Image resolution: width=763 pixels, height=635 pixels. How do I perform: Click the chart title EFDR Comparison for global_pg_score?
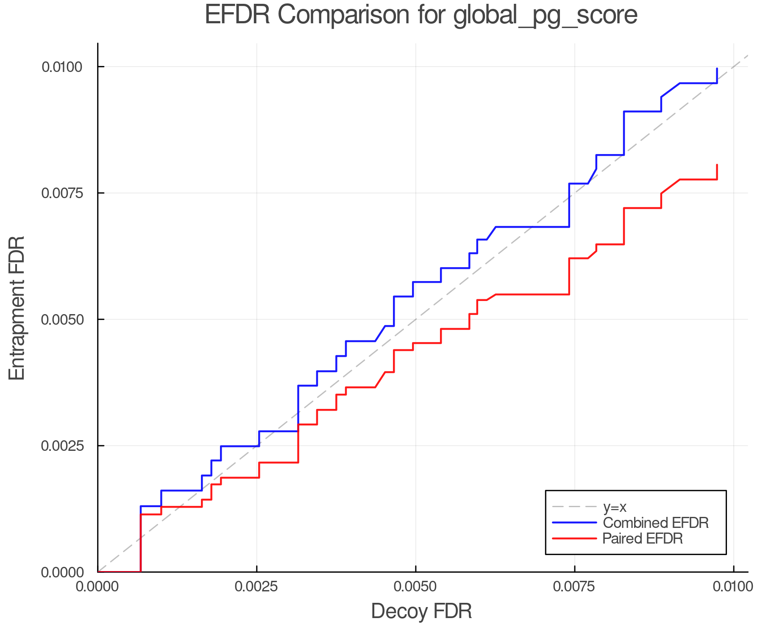click(421, 15)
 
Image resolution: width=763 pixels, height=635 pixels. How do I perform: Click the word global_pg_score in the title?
click(545, 16)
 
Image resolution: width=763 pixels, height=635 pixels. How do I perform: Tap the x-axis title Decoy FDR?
click(421, 611)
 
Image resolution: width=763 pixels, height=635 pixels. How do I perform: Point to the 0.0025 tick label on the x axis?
click(256, 586)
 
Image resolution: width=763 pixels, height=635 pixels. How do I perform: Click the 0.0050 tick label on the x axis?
click(415, 586)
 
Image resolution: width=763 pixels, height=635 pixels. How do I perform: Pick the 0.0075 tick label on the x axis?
click(574, 586)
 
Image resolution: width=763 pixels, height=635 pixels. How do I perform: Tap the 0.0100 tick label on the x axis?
click(733, 586)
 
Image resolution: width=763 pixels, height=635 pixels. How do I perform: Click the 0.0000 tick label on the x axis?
click(98, 586)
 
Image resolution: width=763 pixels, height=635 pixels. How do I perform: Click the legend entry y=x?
click(614, 507)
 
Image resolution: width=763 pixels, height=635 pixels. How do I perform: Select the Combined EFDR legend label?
click(655, 523)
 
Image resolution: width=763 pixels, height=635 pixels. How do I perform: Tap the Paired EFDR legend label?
click(642, 538)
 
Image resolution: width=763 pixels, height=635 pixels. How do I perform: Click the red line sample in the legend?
click(574, 538)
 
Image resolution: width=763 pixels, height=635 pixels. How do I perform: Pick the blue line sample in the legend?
click(574, 523)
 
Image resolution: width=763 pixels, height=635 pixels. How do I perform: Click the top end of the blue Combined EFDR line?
click(717, 69)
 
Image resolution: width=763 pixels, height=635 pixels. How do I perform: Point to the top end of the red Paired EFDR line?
click(717, 165)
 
